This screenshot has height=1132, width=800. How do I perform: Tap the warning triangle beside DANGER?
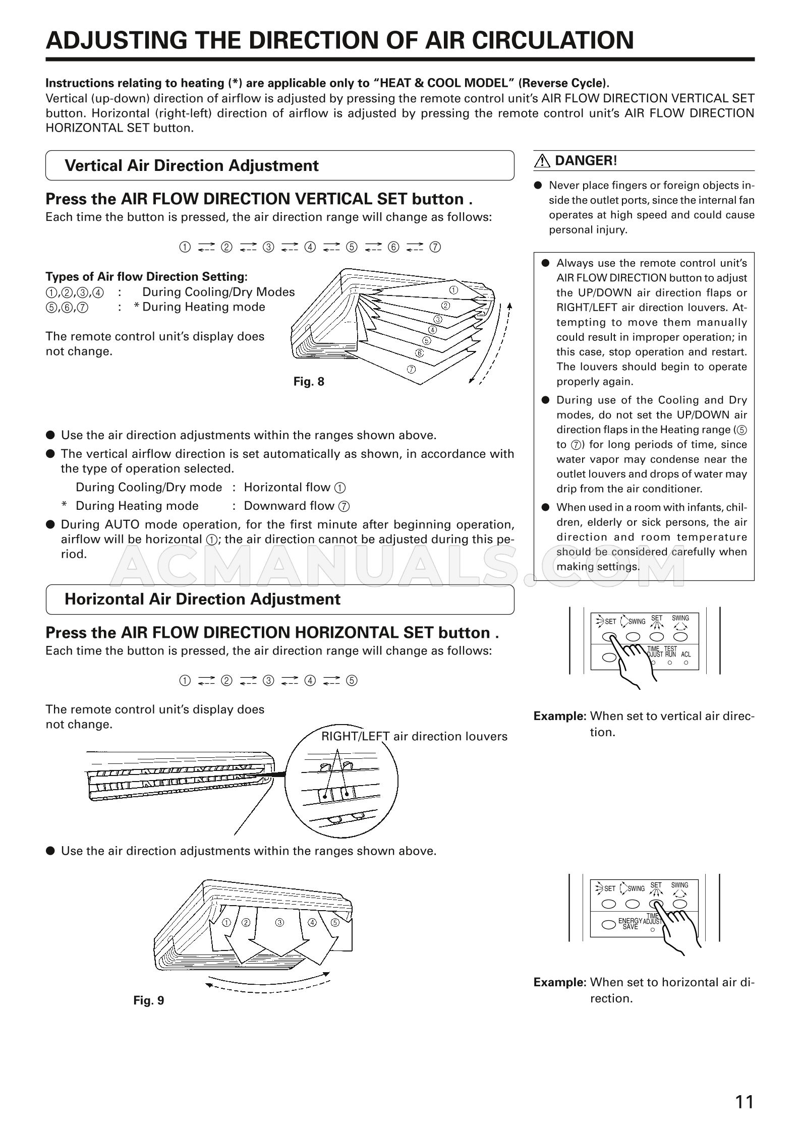pyautogui.click(x=542, y=161)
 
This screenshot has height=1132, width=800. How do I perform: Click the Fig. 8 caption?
pyautogui.click(x=309, y=382)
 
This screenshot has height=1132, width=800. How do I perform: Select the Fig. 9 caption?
pyautogui.click(x=149, y=1000)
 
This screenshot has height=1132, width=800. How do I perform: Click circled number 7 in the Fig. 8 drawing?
pyautogui.click(x=411, y=369)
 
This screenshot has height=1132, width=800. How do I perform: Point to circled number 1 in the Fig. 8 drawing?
pyautogui.click(x=453, y=290)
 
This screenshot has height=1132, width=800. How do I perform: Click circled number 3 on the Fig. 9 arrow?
pyautogui.click(x=279, y=923)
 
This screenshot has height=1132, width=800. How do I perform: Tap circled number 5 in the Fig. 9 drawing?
pyautogui.click(x=335, y=922)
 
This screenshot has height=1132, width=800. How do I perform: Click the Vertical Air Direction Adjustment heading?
pyautogui.click(x=192, y=165)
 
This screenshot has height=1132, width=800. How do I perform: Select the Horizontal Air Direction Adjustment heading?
pyautogui.click(x=202, y=599)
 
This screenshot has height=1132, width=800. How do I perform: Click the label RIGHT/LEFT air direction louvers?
pyautogui.click(x=414, y=736)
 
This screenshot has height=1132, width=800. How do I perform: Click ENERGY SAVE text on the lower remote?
pyautogui.click(x=630, y=924)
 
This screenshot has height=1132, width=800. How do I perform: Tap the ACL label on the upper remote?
pyautogui.click(x=686, y=654)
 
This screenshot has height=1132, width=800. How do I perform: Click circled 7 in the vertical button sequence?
pyautogui.click(x=435, y=247)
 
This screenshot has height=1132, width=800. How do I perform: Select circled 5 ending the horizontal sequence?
pyautogui.click(x=352, y=681)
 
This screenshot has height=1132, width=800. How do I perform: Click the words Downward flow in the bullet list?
pyautogui.click(x=289, y=506)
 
